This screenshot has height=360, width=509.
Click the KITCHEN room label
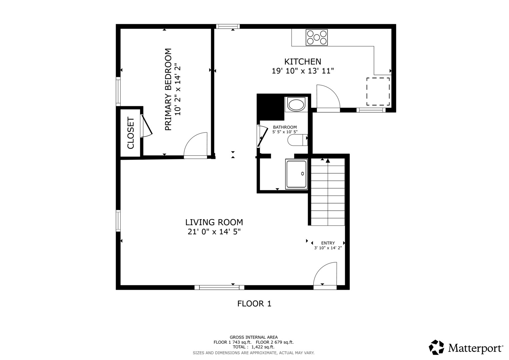click(302, 62)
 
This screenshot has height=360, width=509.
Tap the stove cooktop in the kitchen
click(317, 37)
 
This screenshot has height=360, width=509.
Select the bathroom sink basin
click(296, 105)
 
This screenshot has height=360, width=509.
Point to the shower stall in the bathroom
click(296, 174)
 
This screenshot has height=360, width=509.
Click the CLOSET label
click(131, 133)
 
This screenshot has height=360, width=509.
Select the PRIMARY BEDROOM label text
click(168, 89)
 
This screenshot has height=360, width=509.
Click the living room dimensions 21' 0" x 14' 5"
click(214, 232)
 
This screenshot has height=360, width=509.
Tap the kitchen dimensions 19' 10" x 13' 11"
click(302, 71)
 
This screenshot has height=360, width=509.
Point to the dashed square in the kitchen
click(378, 92)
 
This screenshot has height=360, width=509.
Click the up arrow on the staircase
click(328, 161)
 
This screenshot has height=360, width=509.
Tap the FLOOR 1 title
click(254, 304)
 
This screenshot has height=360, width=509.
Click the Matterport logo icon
click(436, 347)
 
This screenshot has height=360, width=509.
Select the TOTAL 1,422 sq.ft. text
click(253, 347)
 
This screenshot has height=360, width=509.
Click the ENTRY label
click(328, 243)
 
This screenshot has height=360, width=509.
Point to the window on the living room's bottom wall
click(219, 287)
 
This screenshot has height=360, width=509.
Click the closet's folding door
click(147, 126)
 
